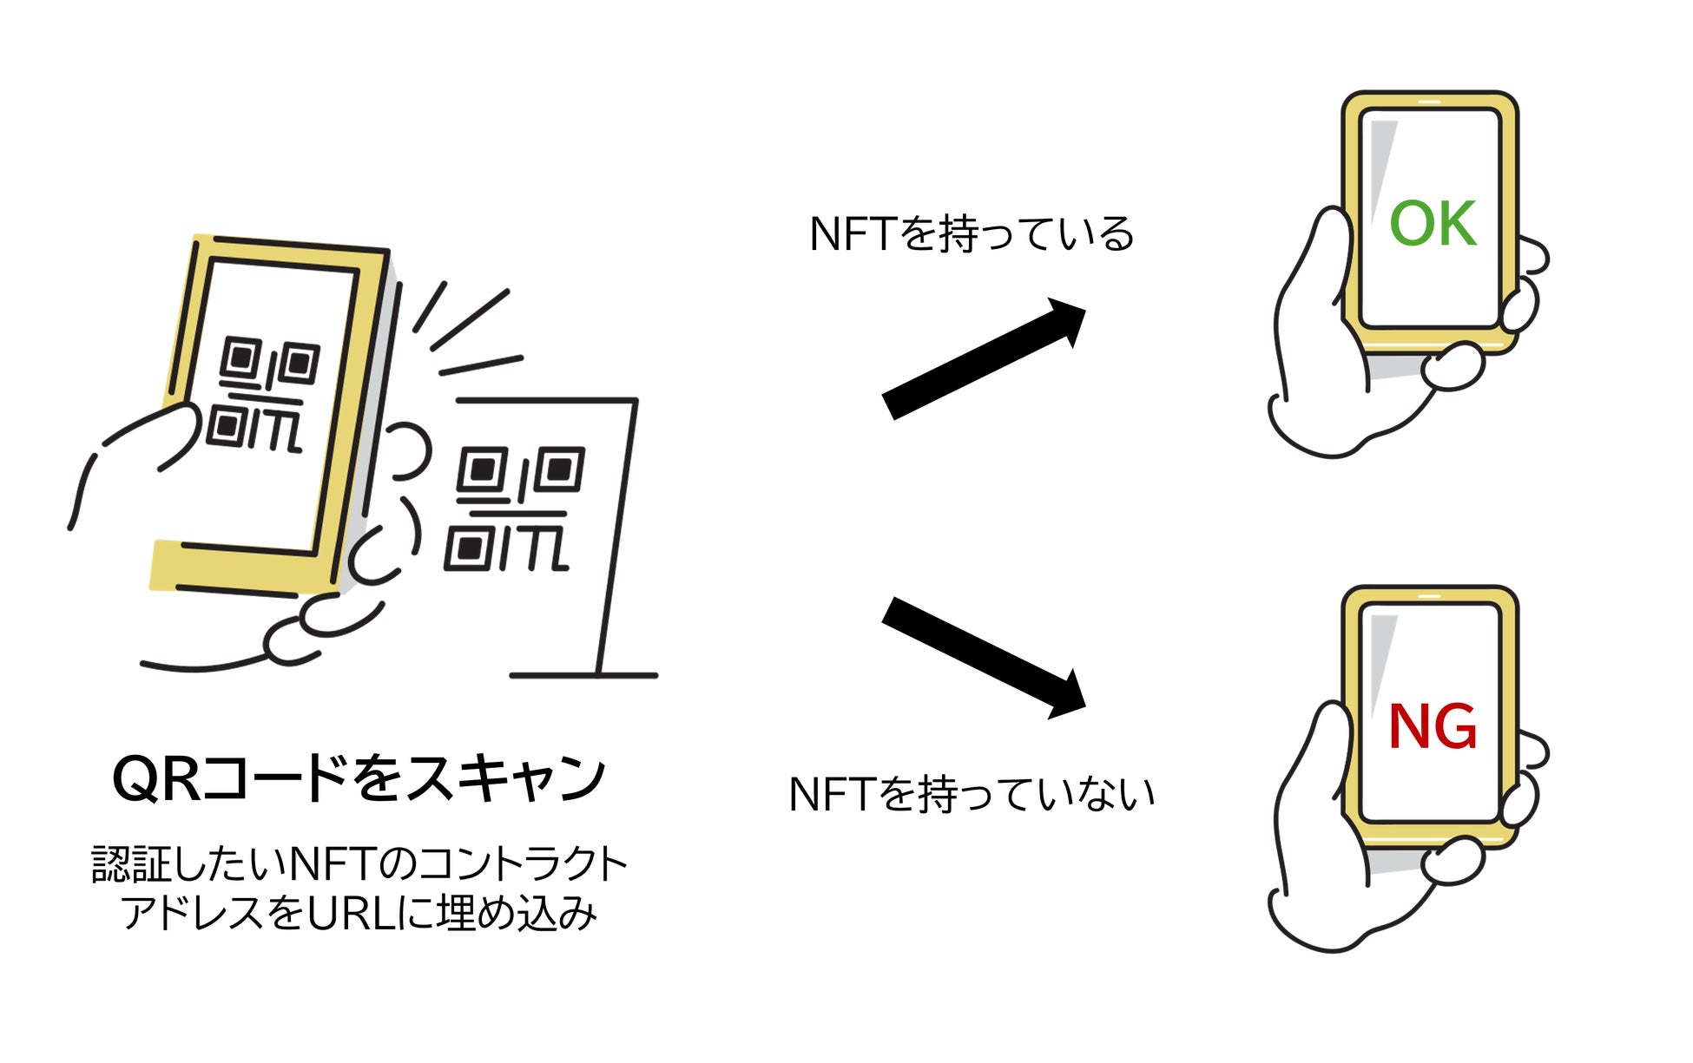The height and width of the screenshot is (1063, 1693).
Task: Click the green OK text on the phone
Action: coord(1433,224)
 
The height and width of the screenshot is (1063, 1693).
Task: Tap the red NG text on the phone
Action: coord(1433,727)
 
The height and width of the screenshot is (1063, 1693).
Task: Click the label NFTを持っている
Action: coord(972,234)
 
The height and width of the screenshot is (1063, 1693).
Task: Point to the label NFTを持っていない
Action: coord(972,794)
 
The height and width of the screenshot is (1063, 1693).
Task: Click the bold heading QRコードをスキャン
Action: coord(359,778)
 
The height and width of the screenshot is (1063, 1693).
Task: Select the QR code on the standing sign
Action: coord(514,509)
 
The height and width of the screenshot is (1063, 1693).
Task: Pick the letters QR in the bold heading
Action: coord(156,778)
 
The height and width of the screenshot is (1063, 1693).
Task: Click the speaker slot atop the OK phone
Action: coord(1429,102)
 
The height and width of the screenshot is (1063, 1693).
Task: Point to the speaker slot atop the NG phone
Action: coord(1429,597)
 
